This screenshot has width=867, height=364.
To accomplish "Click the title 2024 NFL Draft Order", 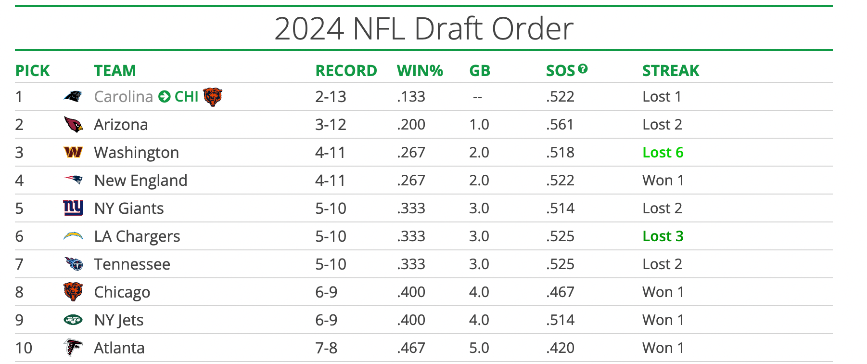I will [423, 29].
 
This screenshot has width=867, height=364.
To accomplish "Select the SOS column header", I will [561, 71].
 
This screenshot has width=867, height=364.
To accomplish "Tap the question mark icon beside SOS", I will [583, 69].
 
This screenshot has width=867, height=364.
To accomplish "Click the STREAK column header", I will [670, 71].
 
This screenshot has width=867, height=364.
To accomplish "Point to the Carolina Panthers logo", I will [73, 96].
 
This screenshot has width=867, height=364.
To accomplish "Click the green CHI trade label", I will [186, 97].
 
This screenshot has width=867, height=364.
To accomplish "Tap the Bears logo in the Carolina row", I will [212, 97].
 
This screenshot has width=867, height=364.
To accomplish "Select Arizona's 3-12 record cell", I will [331, 125].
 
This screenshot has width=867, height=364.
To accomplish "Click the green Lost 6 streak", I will [663, 153].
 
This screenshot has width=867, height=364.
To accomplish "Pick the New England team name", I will [140, 181].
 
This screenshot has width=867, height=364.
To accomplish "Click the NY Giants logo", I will [73, 208].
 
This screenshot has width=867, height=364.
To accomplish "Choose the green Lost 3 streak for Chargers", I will [663, 236].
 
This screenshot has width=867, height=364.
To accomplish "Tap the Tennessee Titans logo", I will [74, 264].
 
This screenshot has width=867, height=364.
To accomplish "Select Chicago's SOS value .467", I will [560, 292].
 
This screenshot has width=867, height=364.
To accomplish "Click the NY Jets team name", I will [118, 320].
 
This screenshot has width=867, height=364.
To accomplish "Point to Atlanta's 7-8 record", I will [326, 348].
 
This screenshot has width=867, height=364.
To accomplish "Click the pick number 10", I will [24, 348].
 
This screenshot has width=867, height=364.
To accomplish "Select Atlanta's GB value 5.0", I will [479, 348].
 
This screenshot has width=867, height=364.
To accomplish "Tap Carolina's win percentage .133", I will [411, 97].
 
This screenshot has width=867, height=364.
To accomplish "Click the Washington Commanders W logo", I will [73, 153].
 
